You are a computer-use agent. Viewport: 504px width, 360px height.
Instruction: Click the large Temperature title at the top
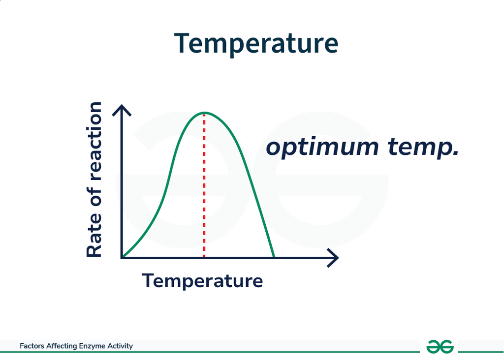click(256, 43)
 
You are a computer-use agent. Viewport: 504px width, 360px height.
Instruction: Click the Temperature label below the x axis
click(202, 281)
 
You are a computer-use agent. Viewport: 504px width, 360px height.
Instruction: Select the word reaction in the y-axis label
click(94, 142)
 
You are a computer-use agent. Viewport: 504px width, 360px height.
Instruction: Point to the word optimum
click(322, 148)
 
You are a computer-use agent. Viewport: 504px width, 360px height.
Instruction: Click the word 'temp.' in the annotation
click(423, 148)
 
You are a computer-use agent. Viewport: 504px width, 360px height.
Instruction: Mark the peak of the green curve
click(204, 113)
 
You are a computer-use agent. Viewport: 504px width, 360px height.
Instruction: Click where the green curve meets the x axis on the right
click(274, 257)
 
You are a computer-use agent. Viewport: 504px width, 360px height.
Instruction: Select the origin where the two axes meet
click(122, 258)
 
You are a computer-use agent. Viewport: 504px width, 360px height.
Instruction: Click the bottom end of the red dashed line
click(204, 256)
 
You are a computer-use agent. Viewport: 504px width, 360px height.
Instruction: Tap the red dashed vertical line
click(204, 185)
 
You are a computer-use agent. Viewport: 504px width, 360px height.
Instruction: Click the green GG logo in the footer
click(440, 347)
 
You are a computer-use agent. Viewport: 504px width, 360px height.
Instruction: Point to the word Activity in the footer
click(120, 346)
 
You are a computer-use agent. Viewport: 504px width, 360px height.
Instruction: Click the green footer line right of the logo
click(481, 352)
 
